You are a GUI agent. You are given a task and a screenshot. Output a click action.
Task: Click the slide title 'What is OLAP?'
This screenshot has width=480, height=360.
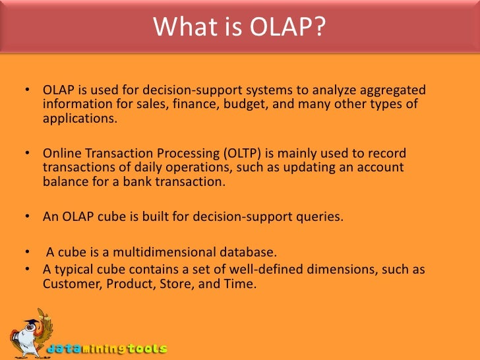[239, 27]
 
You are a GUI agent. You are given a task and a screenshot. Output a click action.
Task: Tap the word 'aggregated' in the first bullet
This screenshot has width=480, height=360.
[395, 90]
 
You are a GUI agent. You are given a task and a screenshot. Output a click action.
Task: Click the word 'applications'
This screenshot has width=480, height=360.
[78, 121]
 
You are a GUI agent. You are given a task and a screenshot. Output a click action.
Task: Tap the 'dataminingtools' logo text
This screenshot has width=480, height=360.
[109, 348]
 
